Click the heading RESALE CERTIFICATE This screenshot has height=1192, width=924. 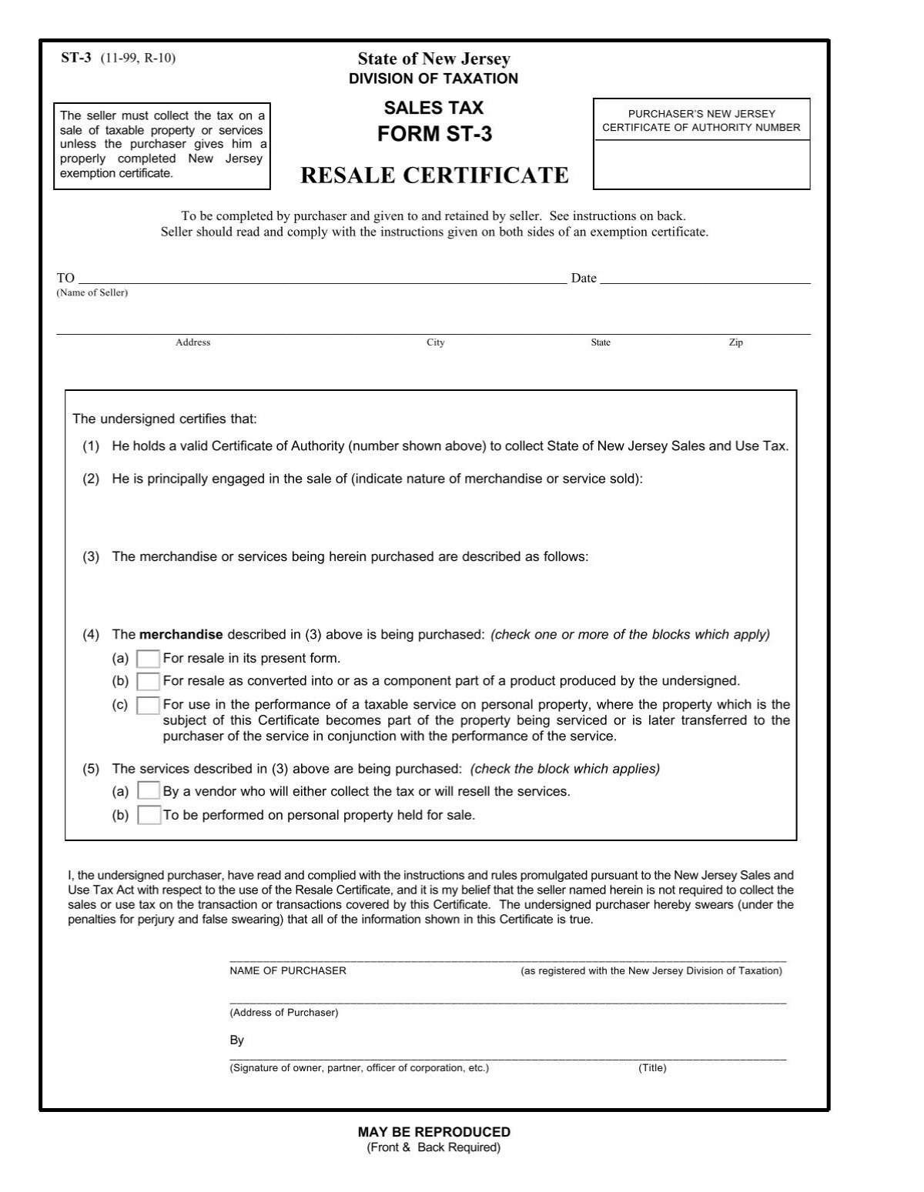pos(434,176)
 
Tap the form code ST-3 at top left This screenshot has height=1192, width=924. pos(76,58)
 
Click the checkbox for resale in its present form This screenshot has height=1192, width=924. pos(148,659)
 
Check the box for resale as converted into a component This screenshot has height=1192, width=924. pos(148,681)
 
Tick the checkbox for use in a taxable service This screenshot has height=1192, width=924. pos(148,705)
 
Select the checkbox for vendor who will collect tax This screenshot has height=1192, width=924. pos(148,791)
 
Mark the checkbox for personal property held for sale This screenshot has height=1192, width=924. pos(148,815)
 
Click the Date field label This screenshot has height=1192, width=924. pos(584,279)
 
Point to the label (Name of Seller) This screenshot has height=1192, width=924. pos(92,293)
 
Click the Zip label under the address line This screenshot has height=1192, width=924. pos(736,342)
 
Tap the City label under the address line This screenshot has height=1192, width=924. pos(436,342)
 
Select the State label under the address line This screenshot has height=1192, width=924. pos(601,342)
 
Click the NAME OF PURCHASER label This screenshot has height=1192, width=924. pos(288,971)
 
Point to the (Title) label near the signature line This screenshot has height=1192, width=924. pos(652,1068)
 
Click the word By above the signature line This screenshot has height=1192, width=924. pos(236,1040)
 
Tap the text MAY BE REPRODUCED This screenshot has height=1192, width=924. pos(434,1132)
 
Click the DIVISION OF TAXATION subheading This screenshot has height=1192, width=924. pos(434,78)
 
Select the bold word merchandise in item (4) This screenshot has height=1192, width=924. pos(181,635)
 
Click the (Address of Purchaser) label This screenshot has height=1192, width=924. pos(283,1013)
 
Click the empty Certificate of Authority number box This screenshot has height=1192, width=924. pos(701,164)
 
